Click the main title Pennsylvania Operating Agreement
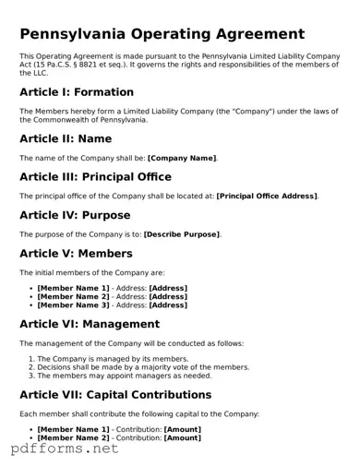(162, 34)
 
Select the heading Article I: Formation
(77, 92)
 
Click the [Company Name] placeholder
(182, 159)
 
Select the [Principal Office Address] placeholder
(267, 197)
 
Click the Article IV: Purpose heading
(75, 215)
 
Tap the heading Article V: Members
(76, 253)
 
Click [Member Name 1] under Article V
(73, 289)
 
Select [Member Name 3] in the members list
(73, 305)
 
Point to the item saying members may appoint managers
(125, 376)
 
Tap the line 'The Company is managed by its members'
(114, 359)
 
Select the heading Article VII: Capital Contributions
(115, 395)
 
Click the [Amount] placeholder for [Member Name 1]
(183, 430)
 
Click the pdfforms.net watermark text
(65, 449)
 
